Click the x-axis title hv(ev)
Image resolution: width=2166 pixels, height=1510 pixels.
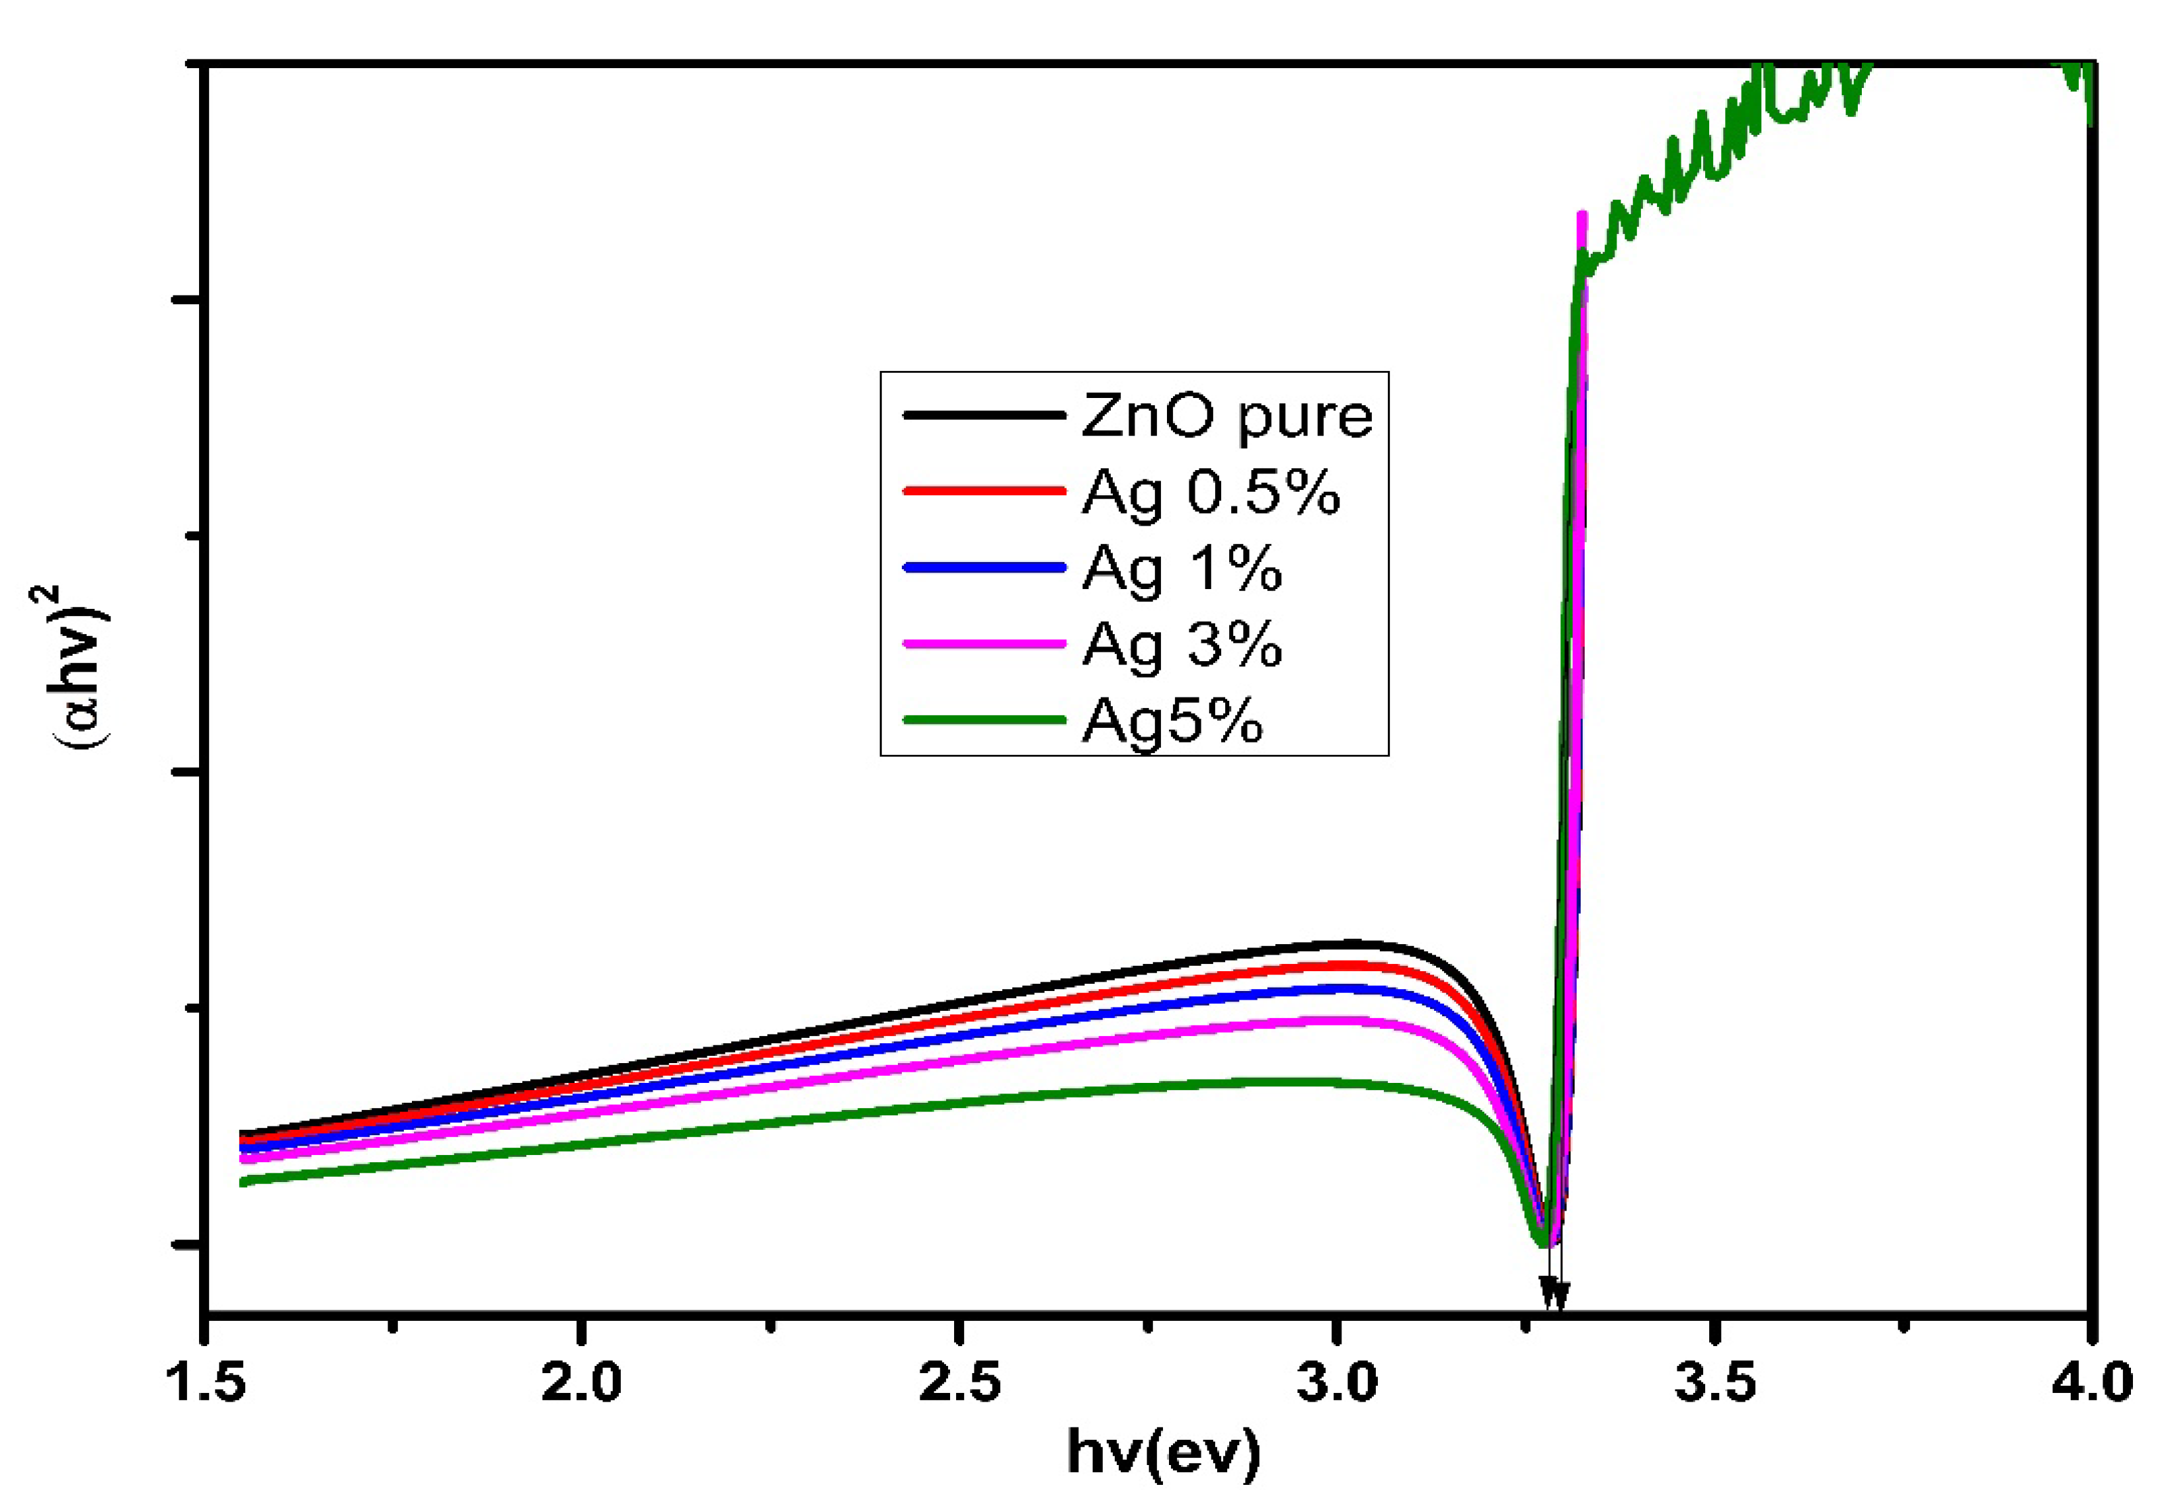[1162, 1452]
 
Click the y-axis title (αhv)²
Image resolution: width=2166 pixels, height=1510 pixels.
[79, 667]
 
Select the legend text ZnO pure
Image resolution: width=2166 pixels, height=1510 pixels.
[1226, 416]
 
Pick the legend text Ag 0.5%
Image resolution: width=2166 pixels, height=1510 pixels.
[1211, 493]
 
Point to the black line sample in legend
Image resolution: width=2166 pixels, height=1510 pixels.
[984, 415]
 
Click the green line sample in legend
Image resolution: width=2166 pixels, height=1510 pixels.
[984, 721]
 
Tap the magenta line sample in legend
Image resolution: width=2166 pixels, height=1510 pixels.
[984, 644]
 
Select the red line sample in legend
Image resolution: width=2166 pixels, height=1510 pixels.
[984, 491]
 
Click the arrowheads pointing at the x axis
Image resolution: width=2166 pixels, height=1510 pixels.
[1553, 1292]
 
